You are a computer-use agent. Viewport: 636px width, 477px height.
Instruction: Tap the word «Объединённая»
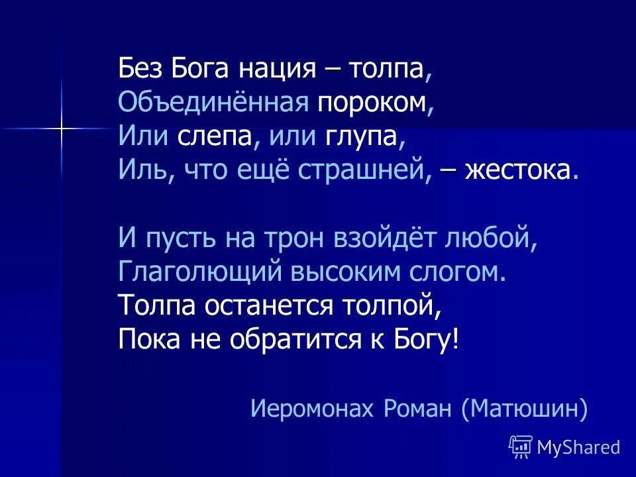214,103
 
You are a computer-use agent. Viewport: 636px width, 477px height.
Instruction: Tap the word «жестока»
518,172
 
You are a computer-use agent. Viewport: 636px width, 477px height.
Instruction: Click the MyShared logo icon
521,447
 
